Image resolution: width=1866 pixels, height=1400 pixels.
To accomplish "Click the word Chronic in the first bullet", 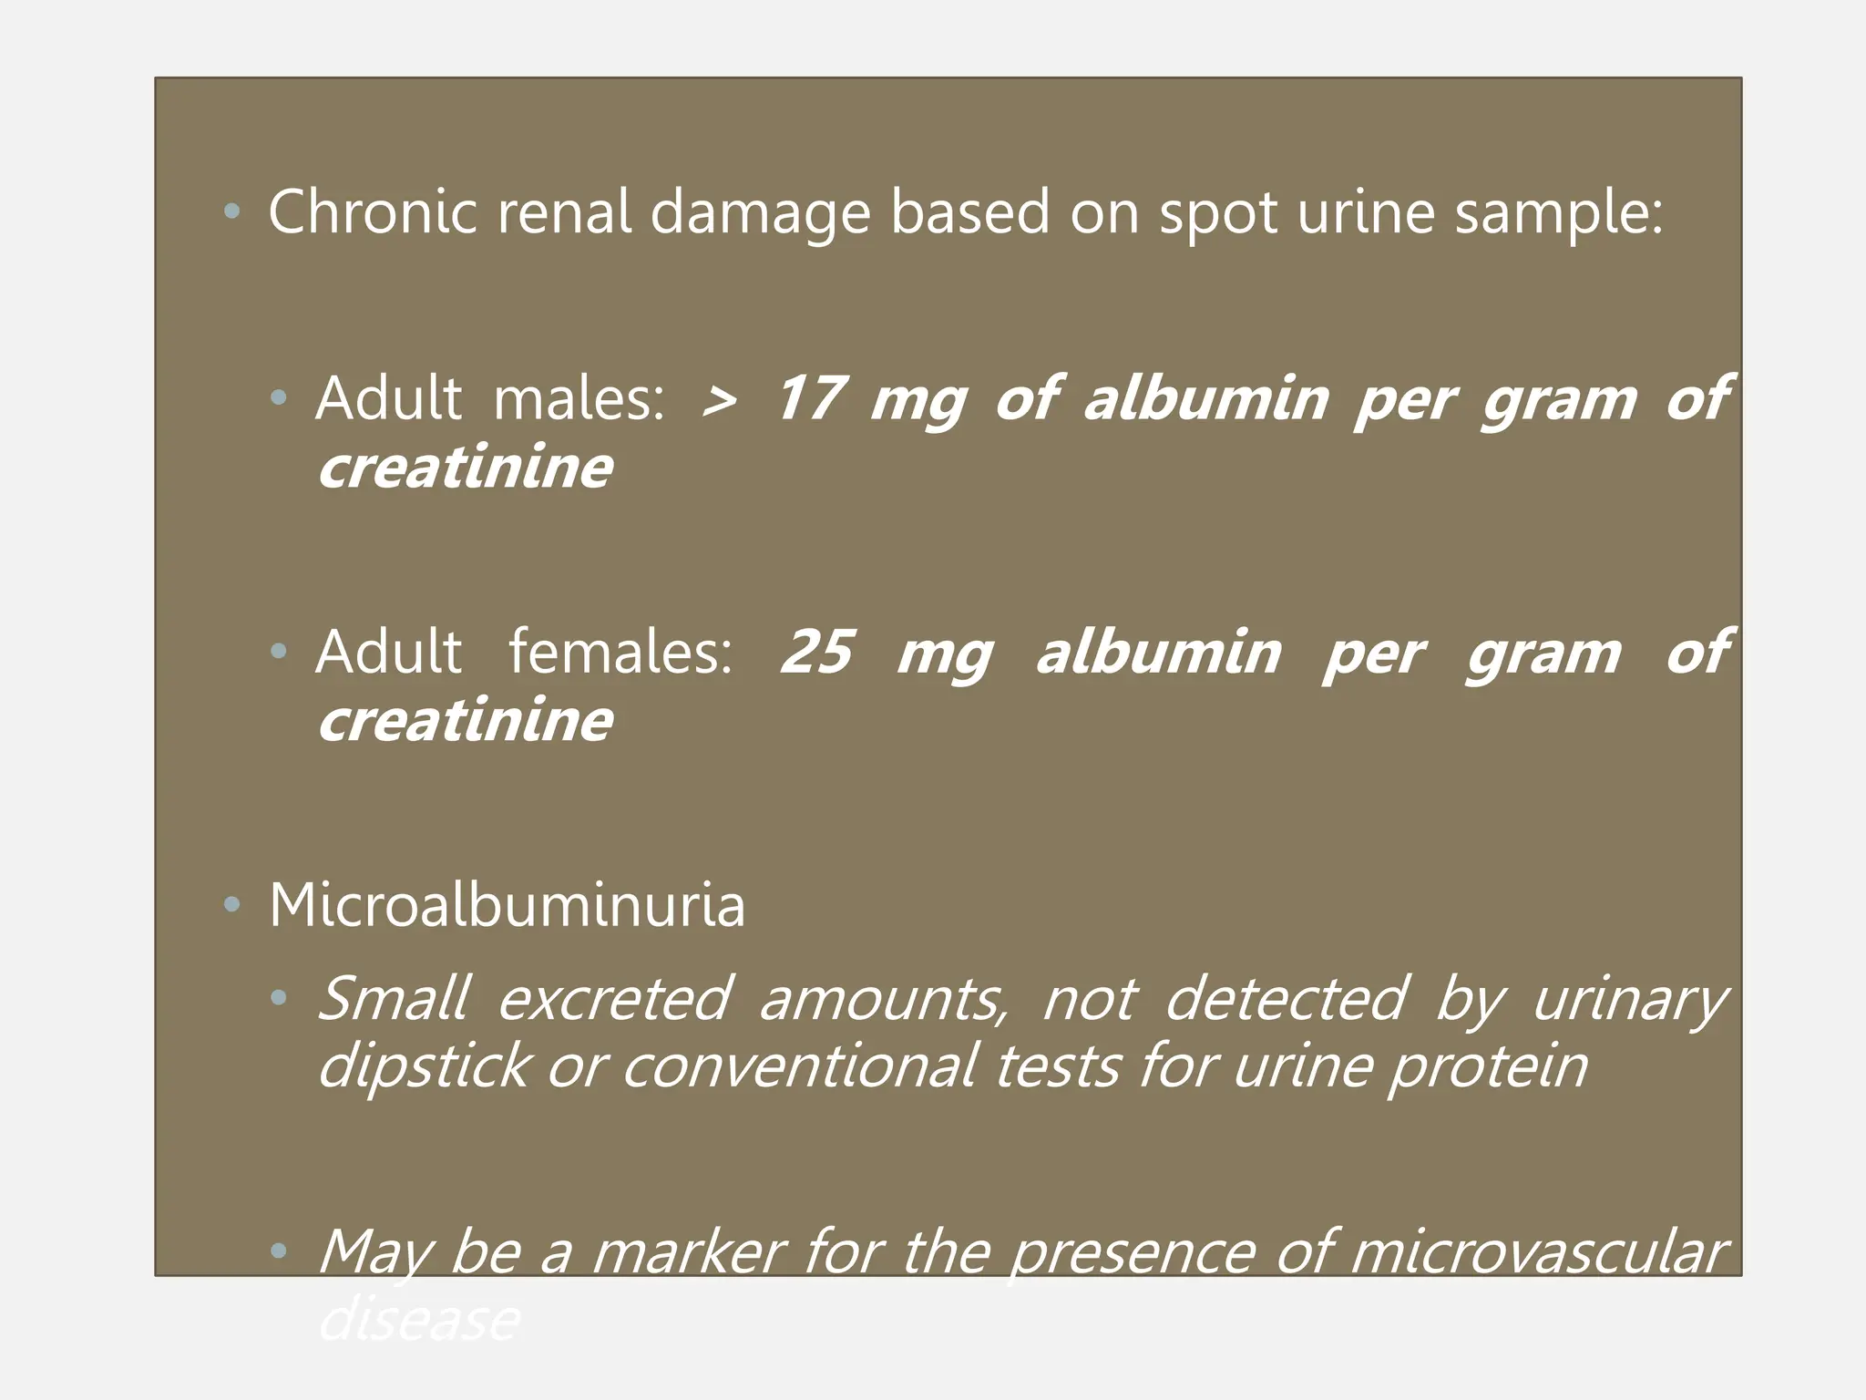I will (x=373, y=212).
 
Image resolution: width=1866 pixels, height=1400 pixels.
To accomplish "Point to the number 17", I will (x=810, y=398).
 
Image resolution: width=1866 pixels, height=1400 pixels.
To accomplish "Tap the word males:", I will (x=579, y=398).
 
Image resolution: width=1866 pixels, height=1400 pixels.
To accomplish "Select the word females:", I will (x=620, y=652).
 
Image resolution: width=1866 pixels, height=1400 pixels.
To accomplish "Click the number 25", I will (x=816, y=652).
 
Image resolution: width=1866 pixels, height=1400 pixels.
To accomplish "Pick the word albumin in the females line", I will (x=1159, y=652).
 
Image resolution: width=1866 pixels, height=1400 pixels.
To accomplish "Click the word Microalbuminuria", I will (x=507, y=905).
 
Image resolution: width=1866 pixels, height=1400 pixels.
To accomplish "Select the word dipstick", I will (x=424, y=1067).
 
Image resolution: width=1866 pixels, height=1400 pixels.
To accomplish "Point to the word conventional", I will (x=800, y=1065).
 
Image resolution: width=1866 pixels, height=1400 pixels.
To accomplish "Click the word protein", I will (x=1488, y=1067).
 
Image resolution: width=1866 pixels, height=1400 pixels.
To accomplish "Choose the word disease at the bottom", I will (x=419, y=1319).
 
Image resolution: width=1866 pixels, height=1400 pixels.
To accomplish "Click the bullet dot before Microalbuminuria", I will (x=232, y=905).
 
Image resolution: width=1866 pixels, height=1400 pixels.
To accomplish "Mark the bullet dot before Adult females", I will (x=279, y=651).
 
